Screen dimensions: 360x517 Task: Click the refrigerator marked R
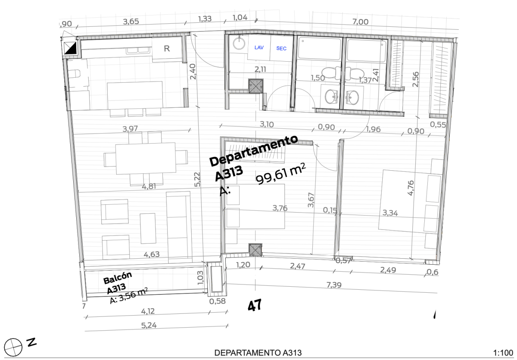point(167,49)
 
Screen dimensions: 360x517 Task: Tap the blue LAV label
point(259,48)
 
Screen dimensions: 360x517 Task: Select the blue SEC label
point(281,48)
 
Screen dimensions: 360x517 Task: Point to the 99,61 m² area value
point(278,175)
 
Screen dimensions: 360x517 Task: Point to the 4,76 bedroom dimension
point(411,188)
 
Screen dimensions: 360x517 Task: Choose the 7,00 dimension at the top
point(360,22)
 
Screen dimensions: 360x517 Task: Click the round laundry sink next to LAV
point(239,43)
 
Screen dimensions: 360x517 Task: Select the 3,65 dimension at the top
point(131,22)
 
